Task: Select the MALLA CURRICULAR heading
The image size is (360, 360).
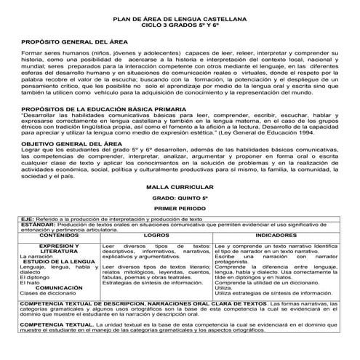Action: (180, 187)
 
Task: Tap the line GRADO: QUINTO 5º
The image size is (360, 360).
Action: (180, 197)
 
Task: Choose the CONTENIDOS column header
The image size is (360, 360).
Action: (51, 236)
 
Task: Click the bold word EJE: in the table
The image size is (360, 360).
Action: (26, 219)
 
